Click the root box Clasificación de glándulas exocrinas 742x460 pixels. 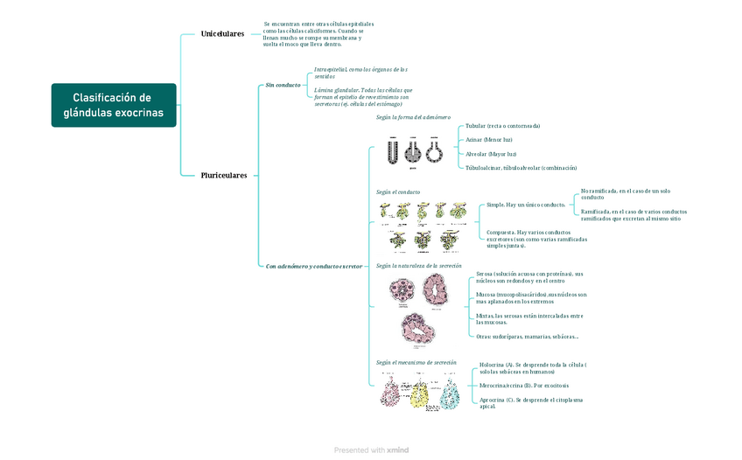click(113, 105)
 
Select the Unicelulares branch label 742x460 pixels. click(222, 34)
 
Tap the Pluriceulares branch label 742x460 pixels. click(224, 175)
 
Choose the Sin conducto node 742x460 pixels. click(283, 86)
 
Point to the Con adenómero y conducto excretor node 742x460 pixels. click(313, 266)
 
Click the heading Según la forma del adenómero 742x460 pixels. click(413, 117)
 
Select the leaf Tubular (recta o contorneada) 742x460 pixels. click(502, 126)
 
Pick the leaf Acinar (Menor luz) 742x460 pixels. click(489, 140)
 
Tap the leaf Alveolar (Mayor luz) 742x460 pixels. click(491, 154)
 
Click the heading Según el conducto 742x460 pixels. click(398, 192)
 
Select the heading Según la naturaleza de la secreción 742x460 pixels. click(418, 265)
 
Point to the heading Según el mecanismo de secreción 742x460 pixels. click(416, 362)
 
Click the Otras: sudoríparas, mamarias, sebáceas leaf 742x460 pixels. click(527, 336)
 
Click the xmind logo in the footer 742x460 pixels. click(397, 450)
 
